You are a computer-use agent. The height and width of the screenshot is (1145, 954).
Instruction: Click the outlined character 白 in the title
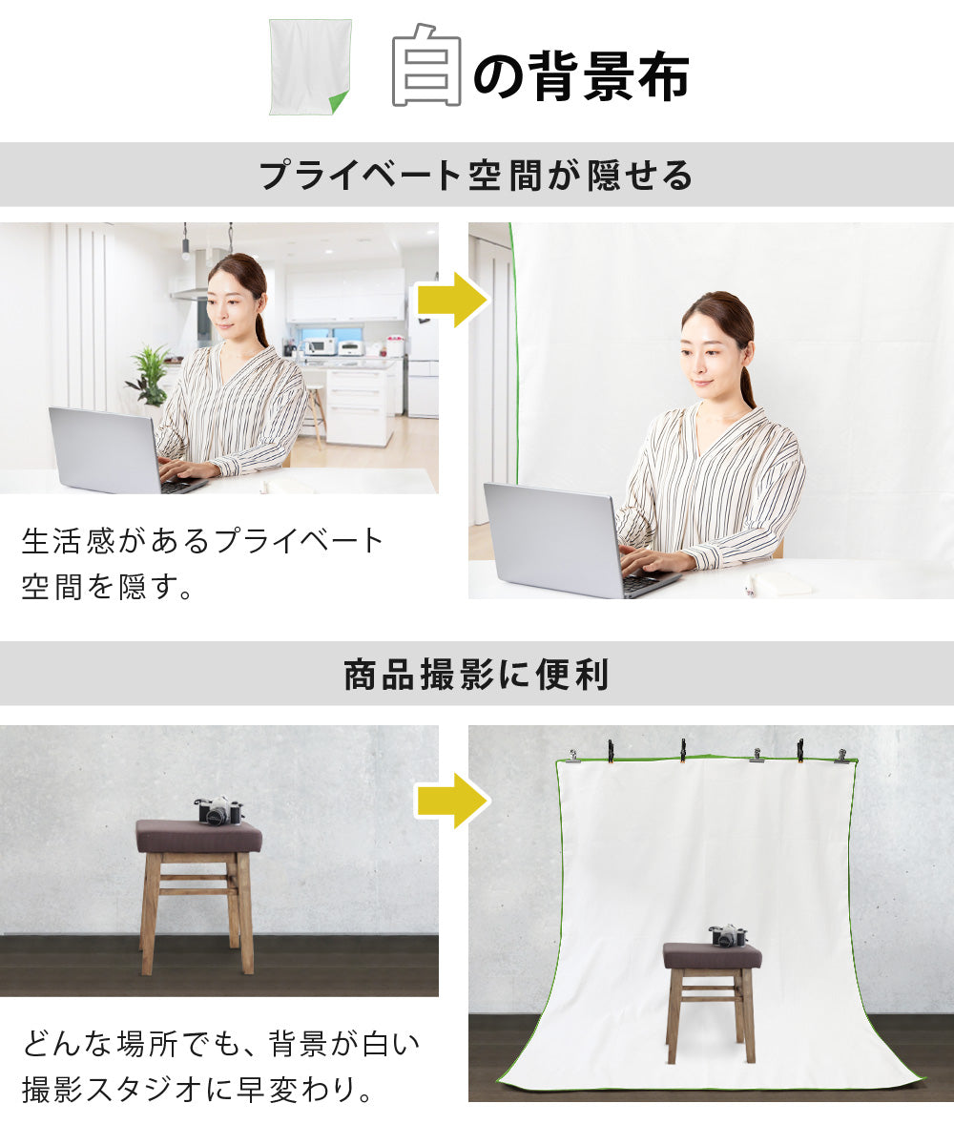point(426,65)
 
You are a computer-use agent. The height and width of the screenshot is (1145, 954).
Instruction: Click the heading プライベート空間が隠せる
point(475,176)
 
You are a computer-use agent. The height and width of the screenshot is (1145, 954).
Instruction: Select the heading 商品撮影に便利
point(475,675)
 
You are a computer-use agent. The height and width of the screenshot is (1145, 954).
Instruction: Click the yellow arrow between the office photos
point(453,300)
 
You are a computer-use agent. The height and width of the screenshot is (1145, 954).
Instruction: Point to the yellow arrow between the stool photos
point(453,801)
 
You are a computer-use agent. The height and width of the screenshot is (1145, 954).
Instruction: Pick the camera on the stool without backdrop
point(218,810)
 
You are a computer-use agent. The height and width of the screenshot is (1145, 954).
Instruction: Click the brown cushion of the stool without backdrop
point(199,837)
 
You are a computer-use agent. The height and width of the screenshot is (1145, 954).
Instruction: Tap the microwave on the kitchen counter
point(321,346)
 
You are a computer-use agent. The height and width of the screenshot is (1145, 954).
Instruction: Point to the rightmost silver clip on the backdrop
point(842,756)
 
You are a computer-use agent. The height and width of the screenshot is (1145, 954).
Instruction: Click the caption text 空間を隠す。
point(107,587)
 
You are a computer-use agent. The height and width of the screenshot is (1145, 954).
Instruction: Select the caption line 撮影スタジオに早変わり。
point(198,1089)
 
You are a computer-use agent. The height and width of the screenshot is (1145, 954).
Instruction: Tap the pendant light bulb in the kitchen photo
point(185,255)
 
